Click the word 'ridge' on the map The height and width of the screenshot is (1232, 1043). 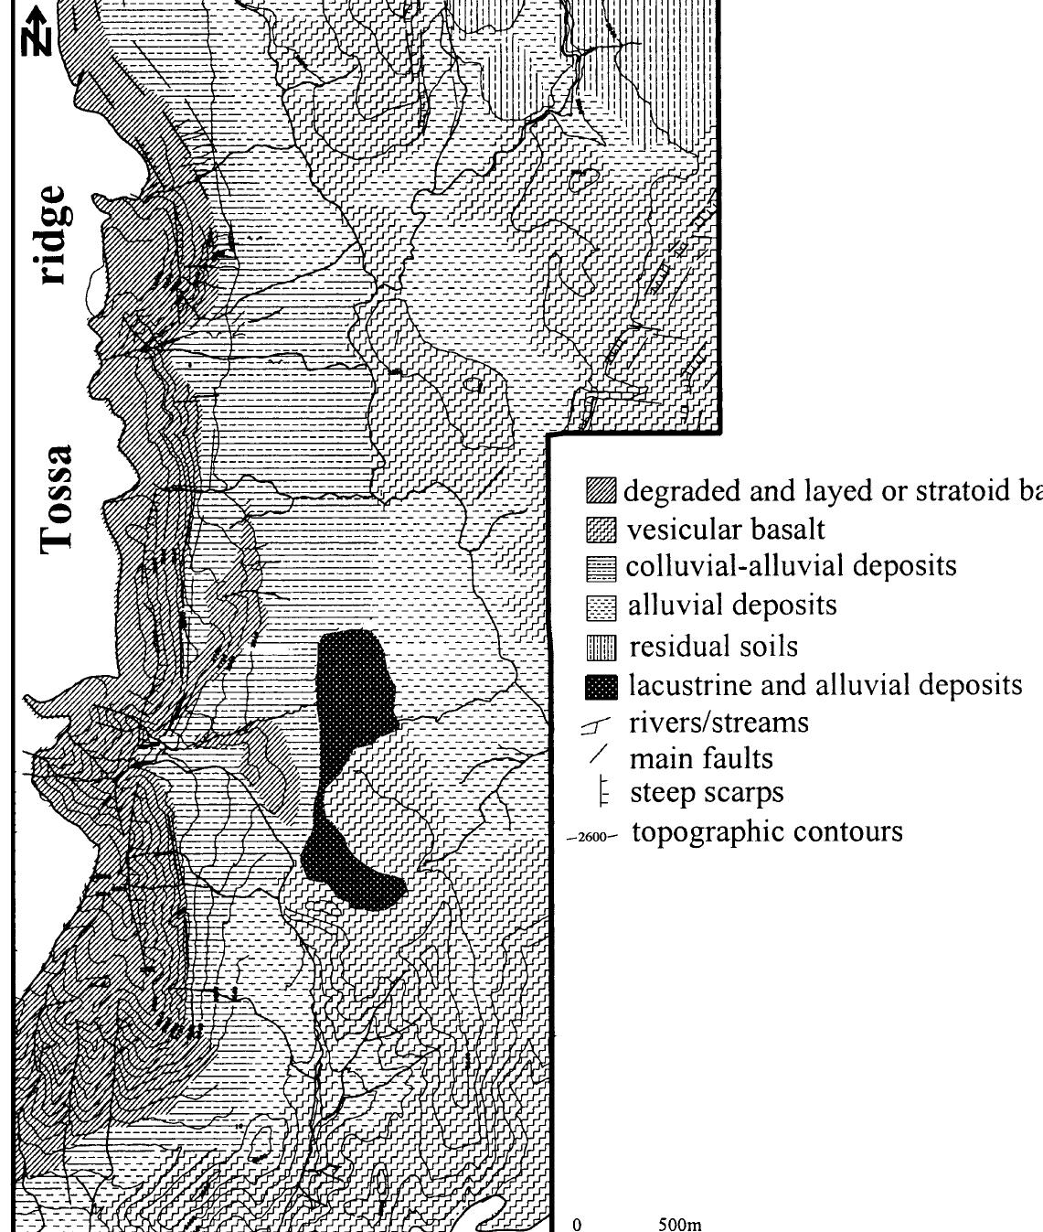tap(51, 234)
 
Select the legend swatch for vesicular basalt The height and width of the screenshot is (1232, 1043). tap(601, 530)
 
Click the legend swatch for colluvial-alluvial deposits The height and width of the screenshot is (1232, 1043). tap(601, 568)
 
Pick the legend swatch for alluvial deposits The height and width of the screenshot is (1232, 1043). tap(601, 606)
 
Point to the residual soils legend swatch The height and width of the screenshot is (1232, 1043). tap(601, 648)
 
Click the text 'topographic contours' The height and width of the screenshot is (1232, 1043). tap(767, 832)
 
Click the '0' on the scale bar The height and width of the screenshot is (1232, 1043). tap(577, 1224)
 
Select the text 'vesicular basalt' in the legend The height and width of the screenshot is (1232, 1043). tap(726, 530)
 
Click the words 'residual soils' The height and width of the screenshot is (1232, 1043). tap(713, 647)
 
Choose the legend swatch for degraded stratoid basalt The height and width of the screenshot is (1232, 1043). tap(601, 491)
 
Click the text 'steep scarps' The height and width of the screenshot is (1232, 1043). tap(707, 792)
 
